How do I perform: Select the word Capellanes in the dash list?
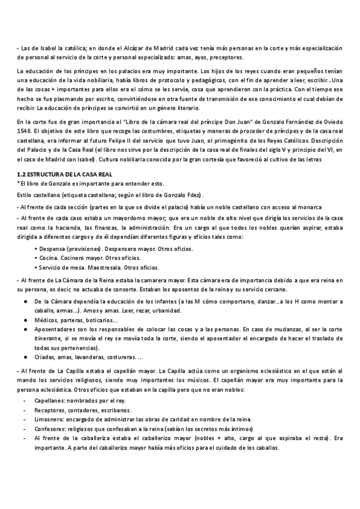(x=53, y=400)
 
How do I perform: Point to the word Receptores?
(x=52, y=409)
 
